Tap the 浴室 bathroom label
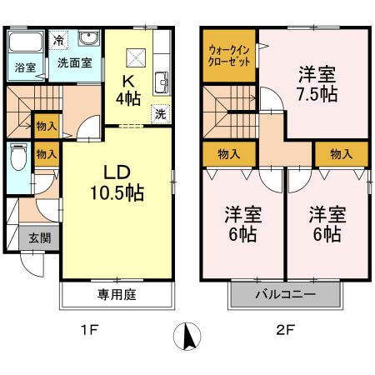(x=24, y=67)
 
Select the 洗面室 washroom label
(x=73, y=62)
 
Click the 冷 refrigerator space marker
(x=58, y=40)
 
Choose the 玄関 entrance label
(x=39, y=237)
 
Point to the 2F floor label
(x=284, y=329)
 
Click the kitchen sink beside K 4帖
(x=161, y=82)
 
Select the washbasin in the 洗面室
(x=88, y=39)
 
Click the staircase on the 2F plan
(x=226, y=108)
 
